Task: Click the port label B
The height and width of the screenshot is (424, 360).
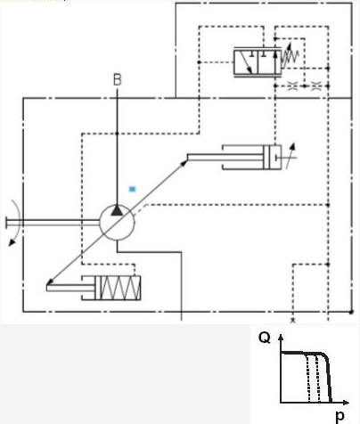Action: coord(118,80)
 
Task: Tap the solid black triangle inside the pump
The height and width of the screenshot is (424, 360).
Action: coord(117,210)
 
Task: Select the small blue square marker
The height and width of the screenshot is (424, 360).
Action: coord(132,189)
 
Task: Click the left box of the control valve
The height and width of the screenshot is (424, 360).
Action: coord(246,62)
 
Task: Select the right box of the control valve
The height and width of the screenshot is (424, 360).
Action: coord(269,62)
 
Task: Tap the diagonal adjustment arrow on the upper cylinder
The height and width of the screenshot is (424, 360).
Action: coord(290,156)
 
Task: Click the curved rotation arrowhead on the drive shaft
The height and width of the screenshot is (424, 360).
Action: coord(12,242)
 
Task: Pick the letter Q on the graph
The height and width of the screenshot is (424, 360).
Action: coord(265,338)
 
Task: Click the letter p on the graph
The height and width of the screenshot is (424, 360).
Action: coord(340,416)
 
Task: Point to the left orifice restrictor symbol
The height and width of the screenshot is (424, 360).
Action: coord(292,86)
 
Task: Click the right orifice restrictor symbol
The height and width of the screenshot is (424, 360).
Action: coord(316,86)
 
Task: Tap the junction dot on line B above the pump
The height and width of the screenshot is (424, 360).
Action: coord(117,134)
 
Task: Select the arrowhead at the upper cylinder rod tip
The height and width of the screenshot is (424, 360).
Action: coord(184,163)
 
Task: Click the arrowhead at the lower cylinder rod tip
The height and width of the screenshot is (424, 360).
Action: coord(50,281)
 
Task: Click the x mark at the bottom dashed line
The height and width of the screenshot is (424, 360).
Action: coord(293,320)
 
